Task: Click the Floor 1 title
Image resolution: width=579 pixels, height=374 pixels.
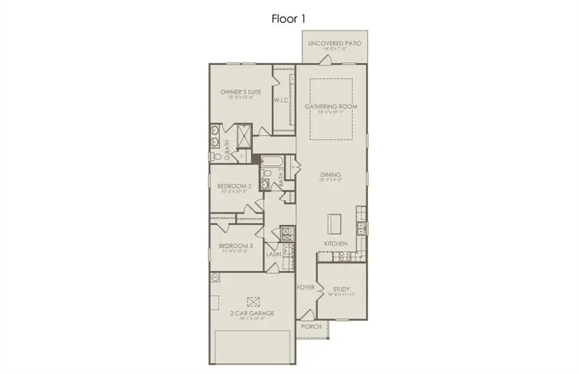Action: tap(289, 18)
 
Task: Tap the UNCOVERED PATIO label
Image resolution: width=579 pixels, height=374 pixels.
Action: tap(335, 44)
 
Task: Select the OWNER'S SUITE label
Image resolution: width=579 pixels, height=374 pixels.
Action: tap(240, 93)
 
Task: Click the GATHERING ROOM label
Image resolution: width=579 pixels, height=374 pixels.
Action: tap(331, 107)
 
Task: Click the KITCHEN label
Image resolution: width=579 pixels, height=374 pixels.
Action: tap(335, 243)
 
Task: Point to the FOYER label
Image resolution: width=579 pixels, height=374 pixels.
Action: tap(305, 288)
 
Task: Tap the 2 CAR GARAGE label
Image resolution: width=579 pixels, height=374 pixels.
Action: tap(252, 313)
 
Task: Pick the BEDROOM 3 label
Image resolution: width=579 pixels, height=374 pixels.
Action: tap(234, 247)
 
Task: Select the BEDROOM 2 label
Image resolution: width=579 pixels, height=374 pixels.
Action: tap(234, 186)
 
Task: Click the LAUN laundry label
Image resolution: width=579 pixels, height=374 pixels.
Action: tap(274, 254)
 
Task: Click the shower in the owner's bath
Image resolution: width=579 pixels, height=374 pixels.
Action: tap(242, 133)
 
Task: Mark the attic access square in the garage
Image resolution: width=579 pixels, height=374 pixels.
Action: tap(253, 300)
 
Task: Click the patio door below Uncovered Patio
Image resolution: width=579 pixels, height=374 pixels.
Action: tap(325, 60)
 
